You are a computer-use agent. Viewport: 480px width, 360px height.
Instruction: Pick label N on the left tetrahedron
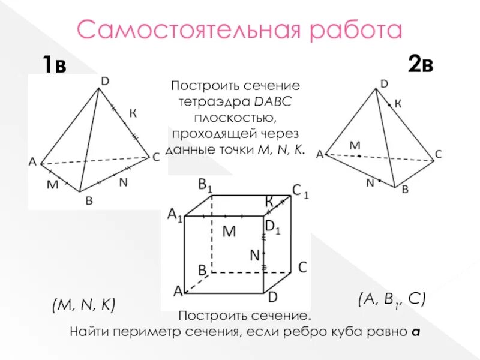coord(123,182)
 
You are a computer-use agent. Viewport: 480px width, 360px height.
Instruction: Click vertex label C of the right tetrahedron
coord(439,154)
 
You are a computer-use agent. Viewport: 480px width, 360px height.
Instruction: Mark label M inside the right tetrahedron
coord(355,145)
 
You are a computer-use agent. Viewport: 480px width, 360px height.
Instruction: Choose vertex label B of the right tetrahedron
coord(405,189)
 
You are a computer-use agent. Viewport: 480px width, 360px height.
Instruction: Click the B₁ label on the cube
coord(205,185)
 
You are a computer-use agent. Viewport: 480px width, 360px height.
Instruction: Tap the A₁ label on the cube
coord(175,215)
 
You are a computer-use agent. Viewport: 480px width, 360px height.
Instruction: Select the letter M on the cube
coord(230,230)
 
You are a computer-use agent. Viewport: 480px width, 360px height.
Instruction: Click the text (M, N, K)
coord(83,305)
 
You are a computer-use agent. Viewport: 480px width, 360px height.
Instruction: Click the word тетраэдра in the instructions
coord(206,103)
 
